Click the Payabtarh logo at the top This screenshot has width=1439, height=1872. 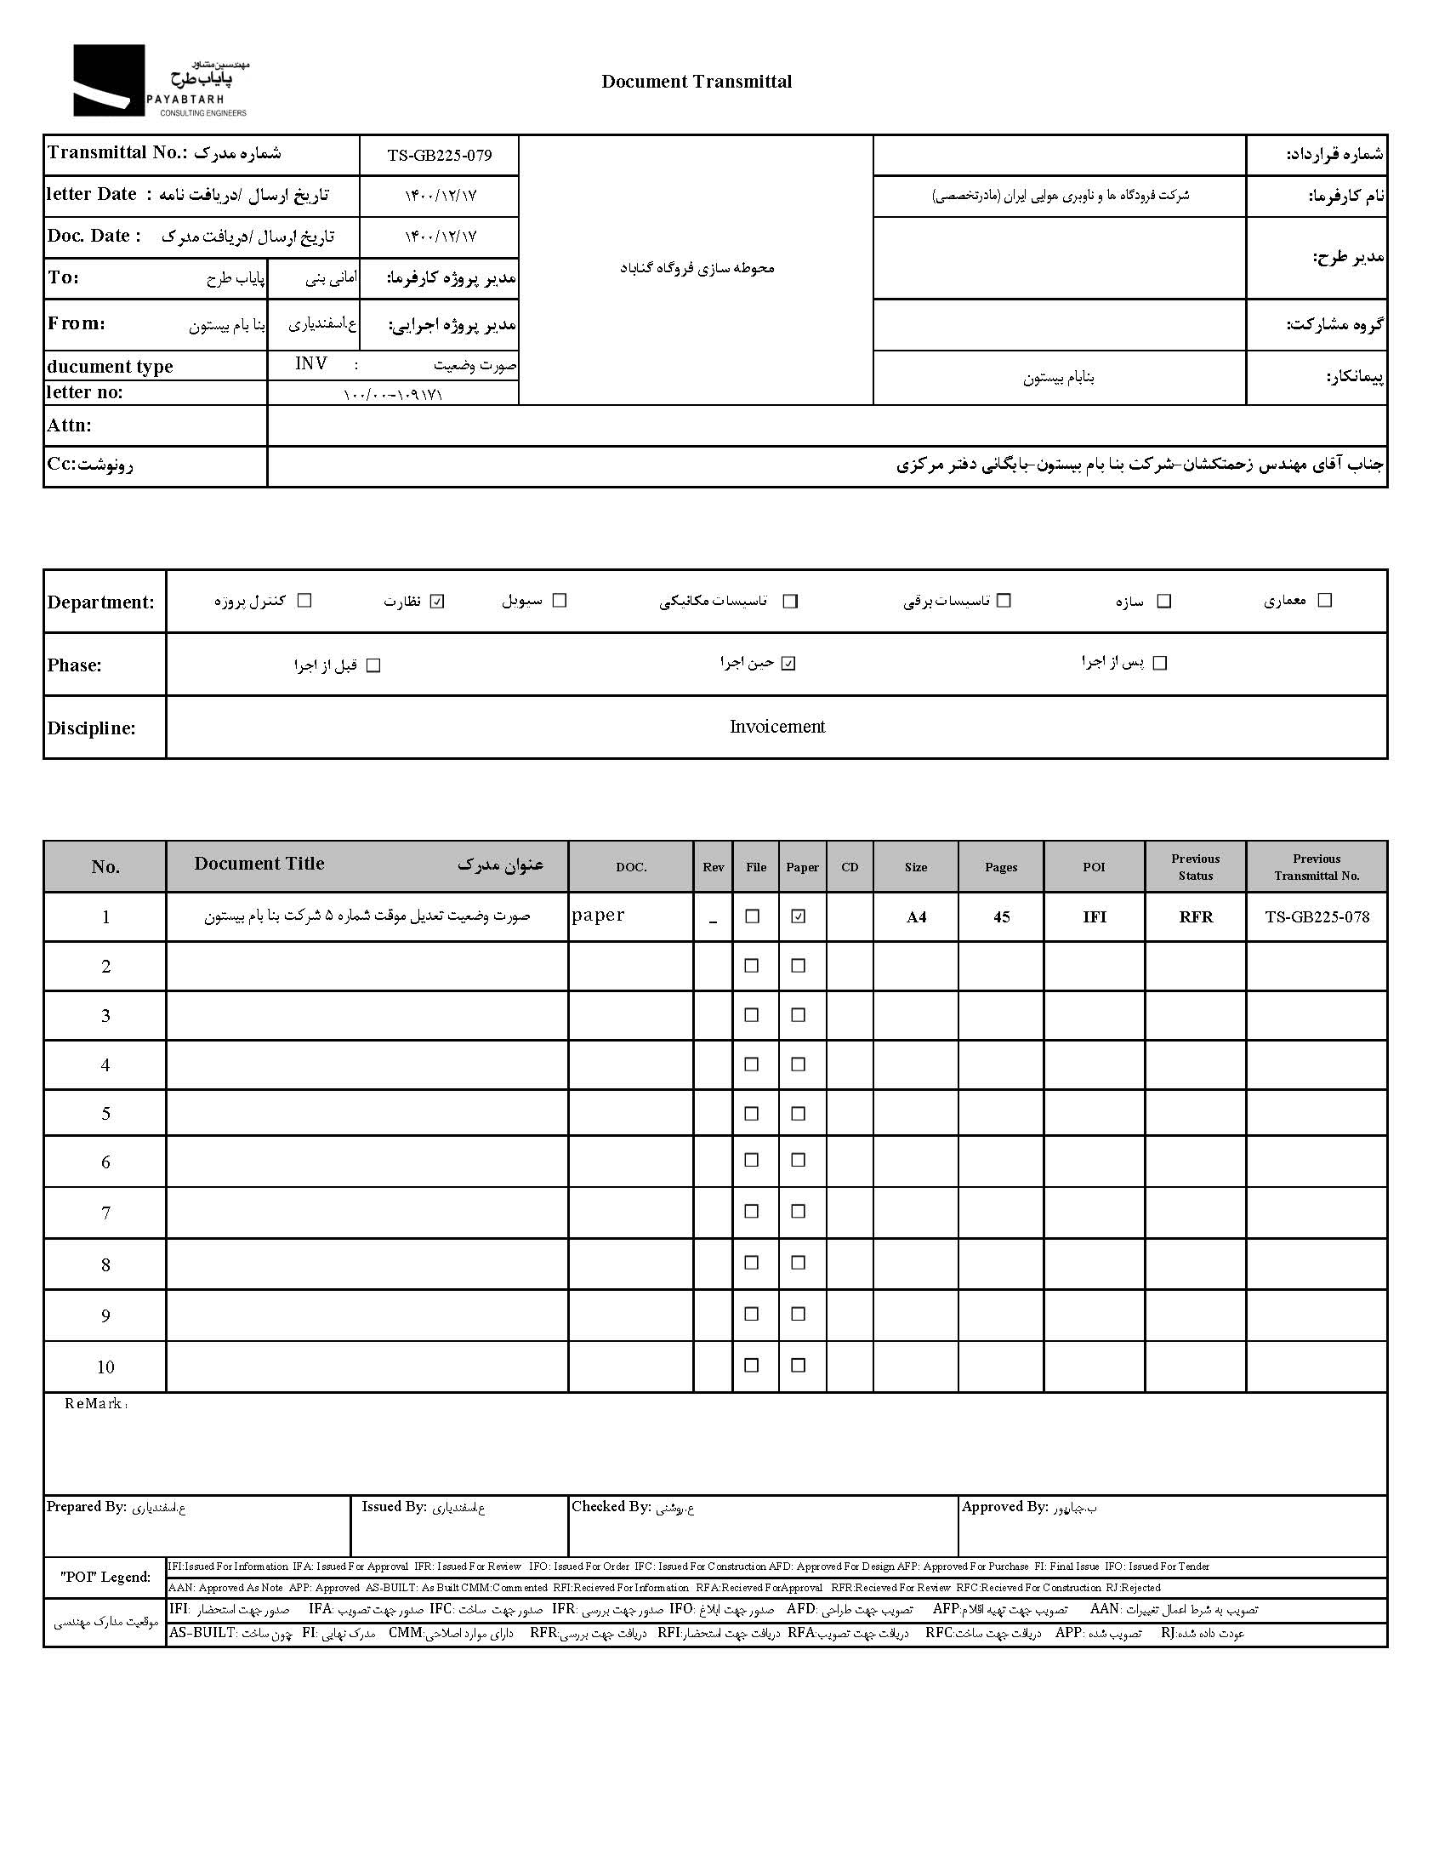coord(160,81)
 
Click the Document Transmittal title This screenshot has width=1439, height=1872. coord(696,82)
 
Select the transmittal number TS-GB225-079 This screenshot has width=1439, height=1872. coord(440,155)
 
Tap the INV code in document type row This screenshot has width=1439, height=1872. coord(311,364)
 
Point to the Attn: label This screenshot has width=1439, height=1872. coord(70,425)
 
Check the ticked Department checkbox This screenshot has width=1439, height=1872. coord(438,602)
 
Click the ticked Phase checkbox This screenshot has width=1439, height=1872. coord(789,663)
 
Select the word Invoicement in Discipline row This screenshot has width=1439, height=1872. coord(776,727)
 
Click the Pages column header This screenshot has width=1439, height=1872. coord(1000,867)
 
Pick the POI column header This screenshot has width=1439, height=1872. coord(1094,867)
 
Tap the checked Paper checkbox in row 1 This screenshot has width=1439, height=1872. coord(799,916)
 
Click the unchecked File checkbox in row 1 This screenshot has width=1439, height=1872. coord(752,916)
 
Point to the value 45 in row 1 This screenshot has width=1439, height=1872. coord(1001,917)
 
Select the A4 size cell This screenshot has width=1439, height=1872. coord(916,917)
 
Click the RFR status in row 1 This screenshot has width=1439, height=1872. coord(1196,917)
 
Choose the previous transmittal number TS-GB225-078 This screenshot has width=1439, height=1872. coord(1317,917)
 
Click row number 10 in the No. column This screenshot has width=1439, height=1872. coord(105,1367)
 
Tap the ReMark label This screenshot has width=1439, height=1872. coord(94,1404)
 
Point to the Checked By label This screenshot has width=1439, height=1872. coord(611,1507)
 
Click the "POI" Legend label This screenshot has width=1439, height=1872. coord(105,1578)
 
